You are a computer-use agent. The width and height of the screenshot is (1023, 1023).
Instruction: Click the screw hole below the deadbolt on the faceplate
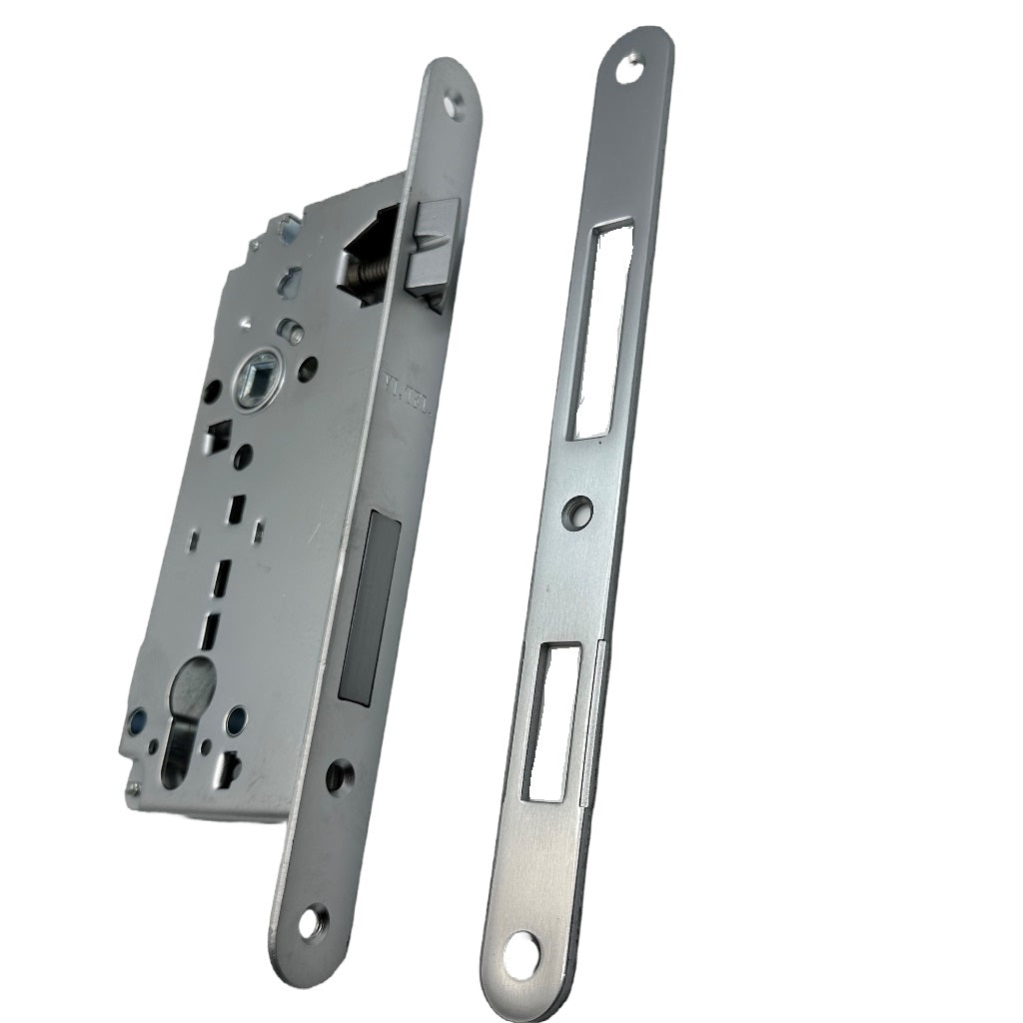(x=341, y=772)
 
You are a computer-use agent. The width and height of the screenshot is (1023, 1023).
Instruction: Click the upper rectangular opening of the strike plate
(x=599, y=331)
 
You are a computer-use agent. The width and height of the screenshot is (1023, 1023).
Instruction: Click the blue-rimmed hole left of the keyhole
(x=137, y=719)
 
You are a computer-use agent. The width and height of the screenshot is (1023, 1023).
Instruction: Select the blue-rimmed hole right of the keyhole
(x=236, y=718)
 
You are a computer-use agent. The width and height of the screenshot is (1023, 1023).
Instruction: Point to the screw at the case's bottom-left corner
(x=133, y=793)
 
